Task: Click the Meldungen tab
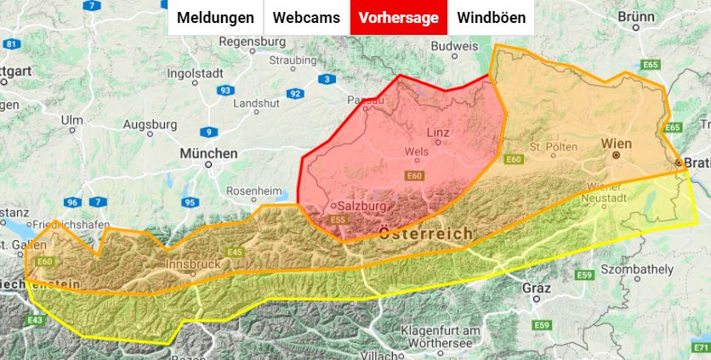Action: pos(215,18)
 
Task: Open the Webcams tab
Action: pos(306,18)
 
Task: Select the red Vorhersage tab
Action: pos(399,18)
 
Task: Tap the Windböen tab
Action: pos(492,18)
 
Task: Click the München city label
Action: pos(208,154)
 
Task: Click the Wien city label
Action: pos(616,144)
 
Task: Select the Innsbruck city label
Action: pos(192,265)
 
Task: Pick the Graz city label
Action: pos(537,288)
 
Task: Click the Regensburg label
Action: pos(253,41)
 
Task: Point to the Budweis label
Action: pos(455,46)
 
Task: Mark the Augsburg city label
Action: pos(150,124)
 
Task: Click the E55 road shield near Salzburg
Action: pos(338,220)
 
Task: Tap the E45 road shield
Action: pos(236,252)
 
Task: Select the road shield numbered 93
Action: pos(225,90)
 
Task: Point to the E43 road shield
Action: pos(35,320)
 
